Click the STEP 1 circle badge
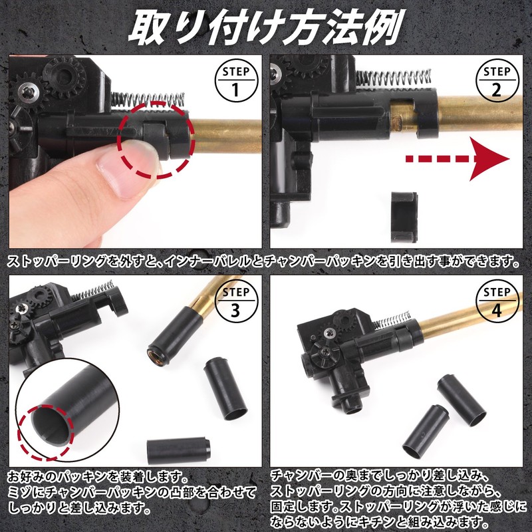[235, 80]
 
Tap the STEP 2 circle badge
[497, 80]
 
